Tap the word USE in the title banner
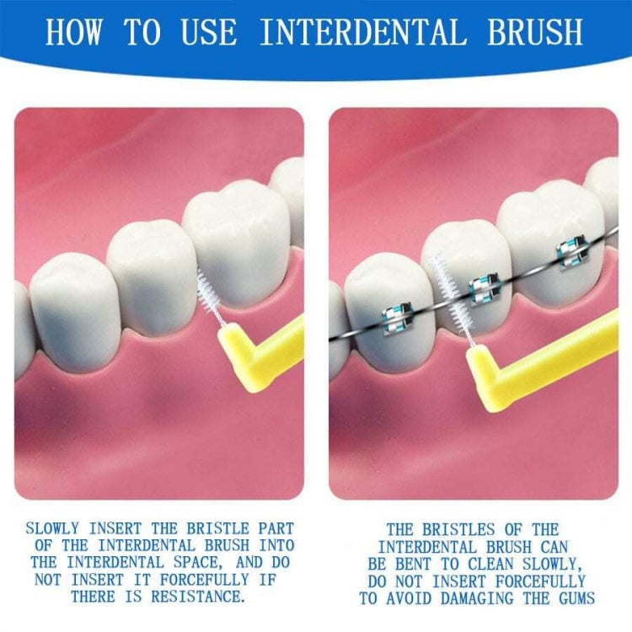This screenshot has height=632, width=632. tap(210, 31)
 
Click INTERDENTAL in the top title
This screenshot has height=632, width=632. tap(362, 31)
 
